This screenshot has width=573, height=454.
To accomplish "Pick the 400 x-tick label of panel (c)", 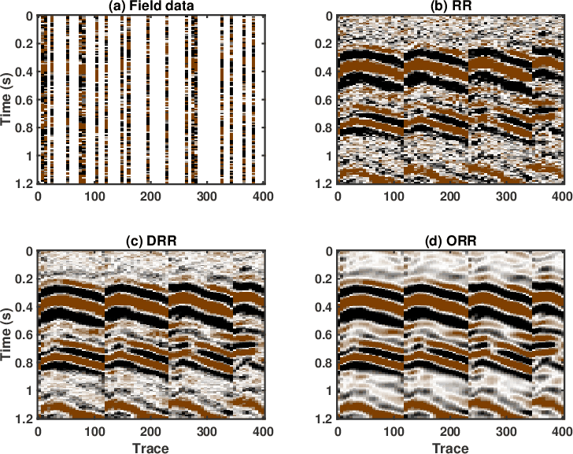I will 264,431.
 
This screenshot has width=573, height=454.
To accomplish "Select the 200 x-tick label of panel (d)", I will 449,431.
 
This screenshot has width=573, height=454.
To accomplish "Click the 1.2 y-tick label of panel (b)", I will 322,183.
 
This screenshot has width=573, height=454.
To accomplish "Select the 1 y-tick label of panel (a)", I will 31,156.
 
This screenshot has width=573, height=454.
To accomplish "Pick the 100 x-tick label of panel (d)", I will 394,431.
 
